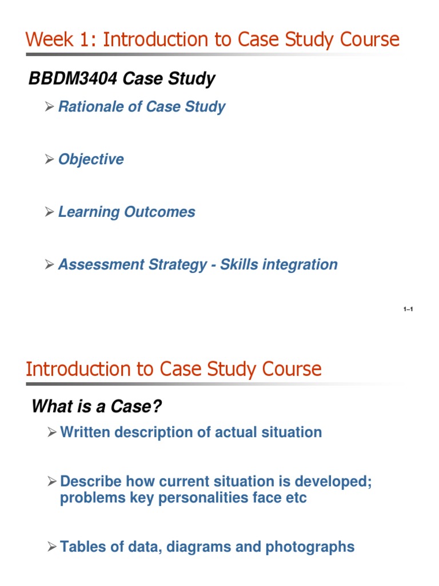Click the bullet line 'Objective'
90,159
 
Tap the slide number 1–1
408,310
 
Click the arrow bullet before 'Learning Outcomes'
49,212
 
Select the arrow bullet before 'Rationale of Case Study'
49,107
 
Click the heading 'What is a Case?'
97,406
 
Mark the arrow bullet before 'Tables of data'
51,547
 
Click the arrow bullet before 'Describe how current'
51,482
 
